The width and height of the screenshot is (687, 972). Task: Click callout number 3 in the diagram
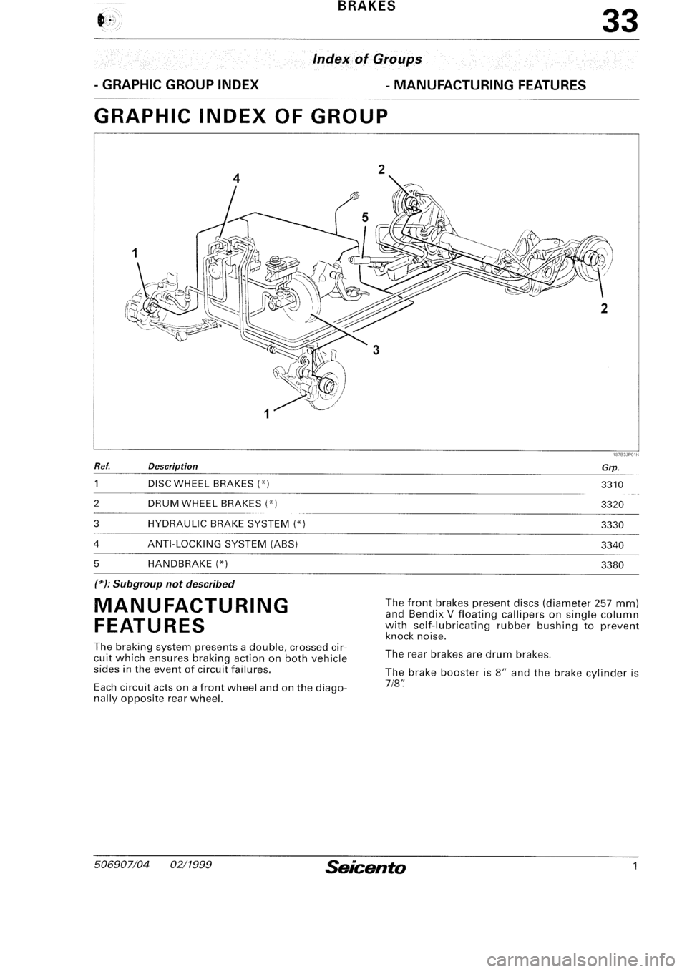tap(374, 350)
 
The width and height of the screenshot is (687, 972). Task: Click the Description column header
tap(168, 466)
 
